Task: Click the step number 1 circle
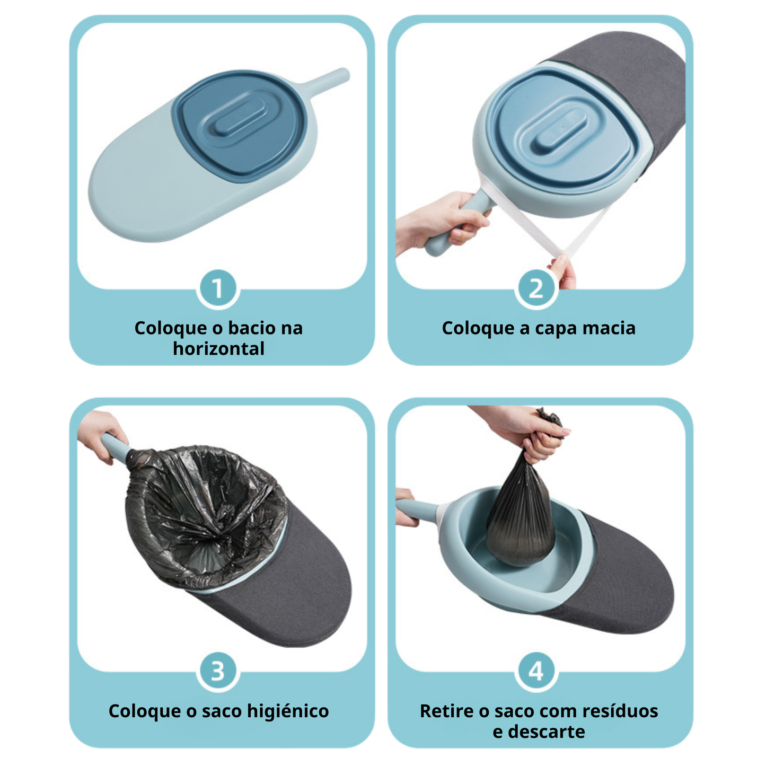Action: [218, 288]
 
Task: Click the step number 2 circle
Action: [536, 288]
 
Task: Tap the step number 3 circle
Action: [218, 672]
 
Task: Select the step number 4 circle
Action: [536, 672]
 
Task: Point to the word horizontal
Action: [218, 349]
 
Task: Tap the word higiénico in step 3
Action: [288, 711]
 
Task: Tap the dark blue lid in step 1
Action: [241, 125]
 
